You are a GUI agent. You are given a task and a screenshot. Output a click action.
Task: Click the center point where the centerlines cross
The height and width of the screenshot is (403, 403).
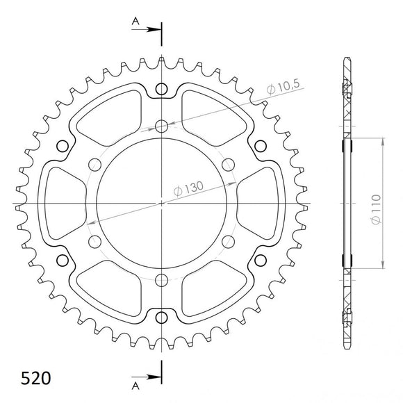point(161,203)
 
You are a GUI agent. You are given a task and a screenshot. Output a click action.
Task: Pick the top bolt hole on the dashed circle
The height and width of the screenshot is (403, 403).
point(161,126)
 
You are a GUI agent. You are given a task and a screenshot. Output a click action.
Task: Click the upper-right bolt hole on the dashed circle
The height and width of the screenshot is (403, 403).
point(228,165)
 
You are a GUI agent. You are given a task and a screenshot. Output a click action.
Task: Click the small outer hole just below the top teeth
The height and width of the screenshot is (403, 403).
point(161,88)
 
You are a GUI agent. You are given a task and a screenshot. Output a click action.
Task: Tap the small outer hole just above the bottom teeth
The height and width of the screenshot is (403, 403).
point(161,318)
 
